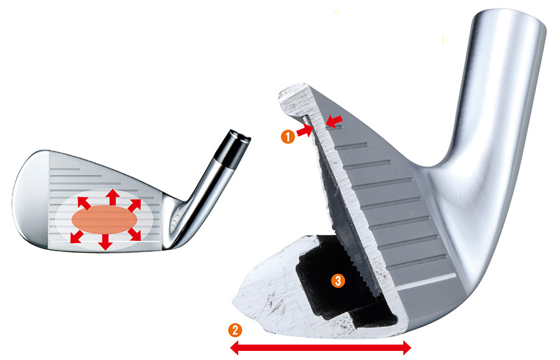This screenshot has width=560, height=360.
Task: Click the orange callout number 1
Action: point(288,137)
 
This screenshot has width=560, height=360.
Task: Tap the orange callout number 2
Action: point(235,330)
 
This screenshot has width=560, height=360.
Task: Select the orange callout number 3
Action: point(338,281)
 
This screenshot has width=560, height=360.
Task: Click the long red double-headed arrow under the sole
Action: point(321,347)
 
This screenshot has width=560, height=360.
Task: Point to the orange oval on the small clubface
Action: point(104,219)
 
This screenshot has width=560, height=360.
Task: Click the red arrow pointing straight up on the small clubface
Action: point(113,197)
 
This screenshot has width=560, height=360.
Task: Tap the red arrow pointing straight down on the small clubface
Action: point(105,242)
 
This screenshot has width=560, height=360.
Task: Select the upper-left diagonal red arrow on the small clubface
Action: point(84,202)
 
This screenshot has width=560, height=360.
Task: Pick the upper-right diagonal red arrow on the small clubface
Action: point(134,205)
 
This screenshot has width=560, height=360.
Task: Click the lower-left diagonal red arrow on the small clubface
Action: point(77,237)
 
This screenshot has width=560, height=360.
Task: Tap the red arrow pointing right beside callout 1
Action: point(304,131)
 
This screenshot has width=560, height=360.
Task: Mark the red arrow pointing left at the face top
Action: point(334,121)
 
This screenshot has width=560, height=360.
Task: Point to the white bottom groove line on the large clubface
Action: point(426,282)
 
